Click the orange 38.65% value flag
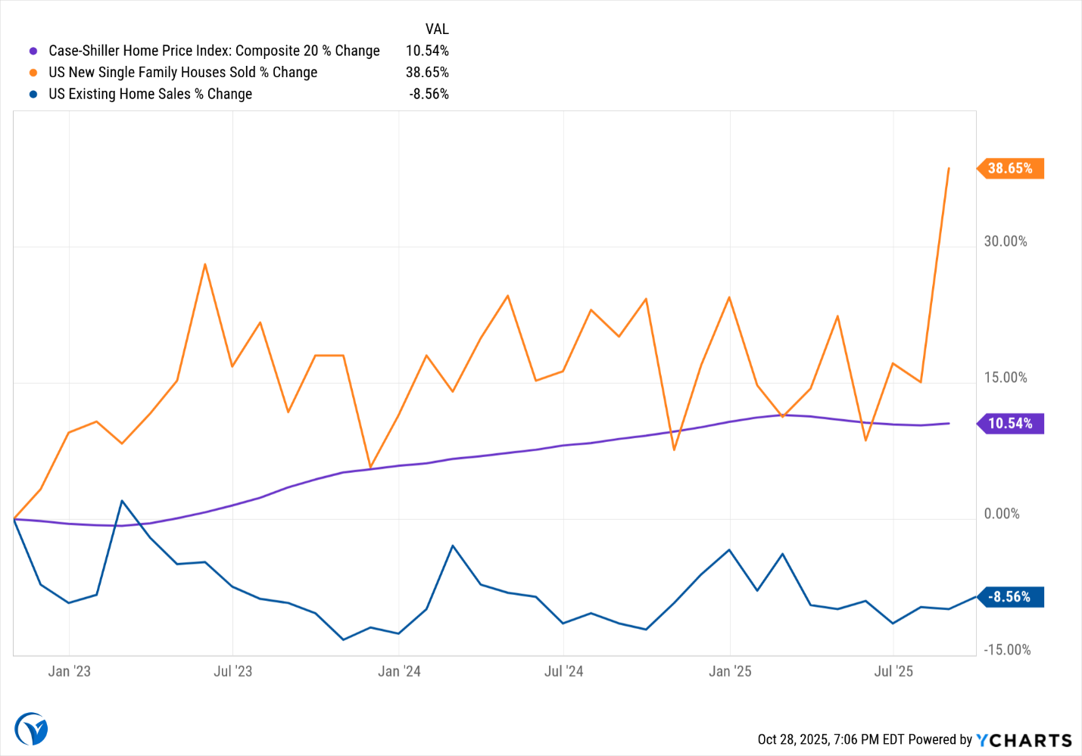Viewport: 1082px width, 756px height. (x=1011, y=168)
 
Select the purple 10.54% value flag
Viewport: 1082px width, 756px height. (x=1011, y=424)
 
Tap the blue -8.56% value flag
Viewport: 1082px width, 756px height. (x=1011, y=597)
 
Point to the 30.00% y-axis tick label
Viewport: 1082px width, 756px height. (x=1005, y=241)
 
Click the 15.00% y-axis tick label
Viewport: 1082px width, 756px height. (x=1005, y=378)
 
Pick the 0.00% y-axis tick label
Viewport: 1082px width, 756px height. (x=1001, y=514)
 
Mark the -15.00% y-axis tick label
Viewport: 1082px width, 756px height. (x=1006, y=650)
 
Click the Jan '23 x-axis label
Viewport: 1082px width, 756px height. (x=69, y=671)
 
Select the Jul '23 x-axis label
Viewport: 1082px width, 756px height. (x=232, y=671)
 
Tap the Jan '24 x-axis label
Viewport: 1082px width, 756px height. (x=399, y=671)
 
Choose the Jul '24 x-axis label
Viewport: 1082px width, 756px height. (x=563, y=671)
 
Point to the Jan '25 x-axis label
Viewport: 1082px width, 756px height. (x=730, y=671)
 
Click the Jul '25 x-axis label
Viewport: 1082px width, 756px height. (x=893, y=671)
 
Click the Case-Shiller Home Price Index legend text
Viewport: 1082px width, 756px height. (x=214, y=51)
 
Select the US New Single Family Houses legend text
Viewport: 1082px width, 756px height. (x=182, y=73)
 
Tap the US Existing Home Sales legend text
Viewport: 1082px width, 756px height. (x=150, y=95)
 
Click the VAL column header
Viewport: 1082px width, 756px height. (x=437, y=30)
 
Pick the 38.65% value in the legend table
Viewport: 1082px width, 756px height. (x=427, y=73)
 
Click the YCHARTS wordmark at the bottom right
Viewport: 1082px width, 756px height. (x=1024, y=740)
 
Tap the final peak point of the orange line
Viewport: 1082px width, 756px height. (x=949, y=168)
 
